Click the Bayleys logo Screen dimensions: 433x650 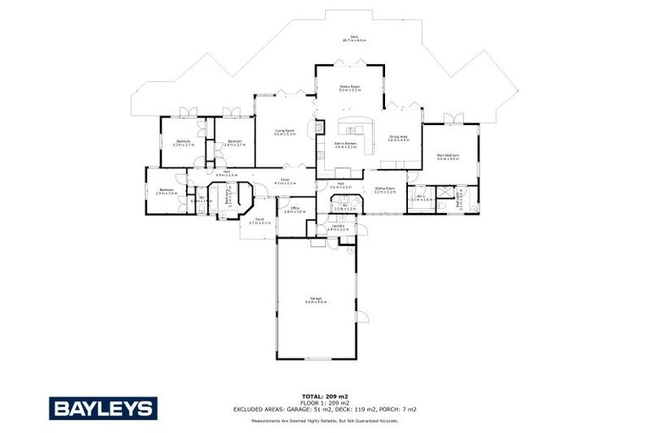pos(102,408)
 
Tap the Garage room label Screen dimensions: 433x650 pos(317,300)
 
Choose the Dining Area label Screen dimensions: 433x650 pos(399,138)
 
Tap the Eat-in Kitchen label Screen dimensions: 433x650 pos(346,145)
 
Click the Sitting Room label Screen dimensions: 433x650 pos(385,190)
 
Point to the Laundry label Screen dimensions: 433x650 pos(338,227)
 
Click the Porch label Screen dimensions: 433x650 pos(259,222)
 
